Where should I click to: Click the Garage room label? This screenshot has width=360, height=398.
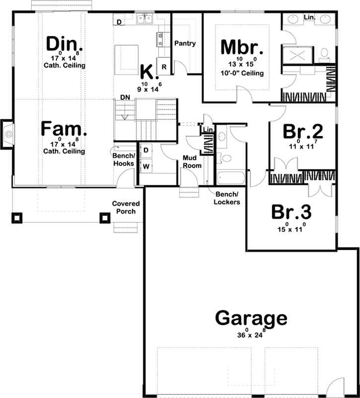point(251,318)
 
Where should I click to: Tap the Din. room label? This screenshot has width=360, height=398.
point(63,44)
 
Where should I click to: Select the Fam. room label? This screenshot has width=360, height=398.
point(64,130)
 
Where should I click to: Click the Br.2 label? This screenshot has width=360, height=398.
point(303,132)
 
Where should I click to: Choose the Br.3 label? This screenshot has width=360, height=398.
point(291,212)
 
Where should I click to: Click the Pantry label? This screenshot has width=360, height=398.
point(185,44)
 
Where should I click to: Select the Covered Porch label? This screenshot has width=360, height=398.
point(126,208)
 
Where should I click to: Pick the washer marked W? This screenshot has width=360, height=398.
point(146,166)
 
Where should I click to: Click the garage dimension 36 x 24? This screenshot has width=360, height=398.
point(251,334)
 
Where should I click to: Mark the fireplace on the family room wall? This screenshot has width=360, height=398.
point(7,133)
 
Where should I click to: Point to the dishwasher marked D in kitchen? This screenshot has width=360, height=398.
point(119,22)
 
